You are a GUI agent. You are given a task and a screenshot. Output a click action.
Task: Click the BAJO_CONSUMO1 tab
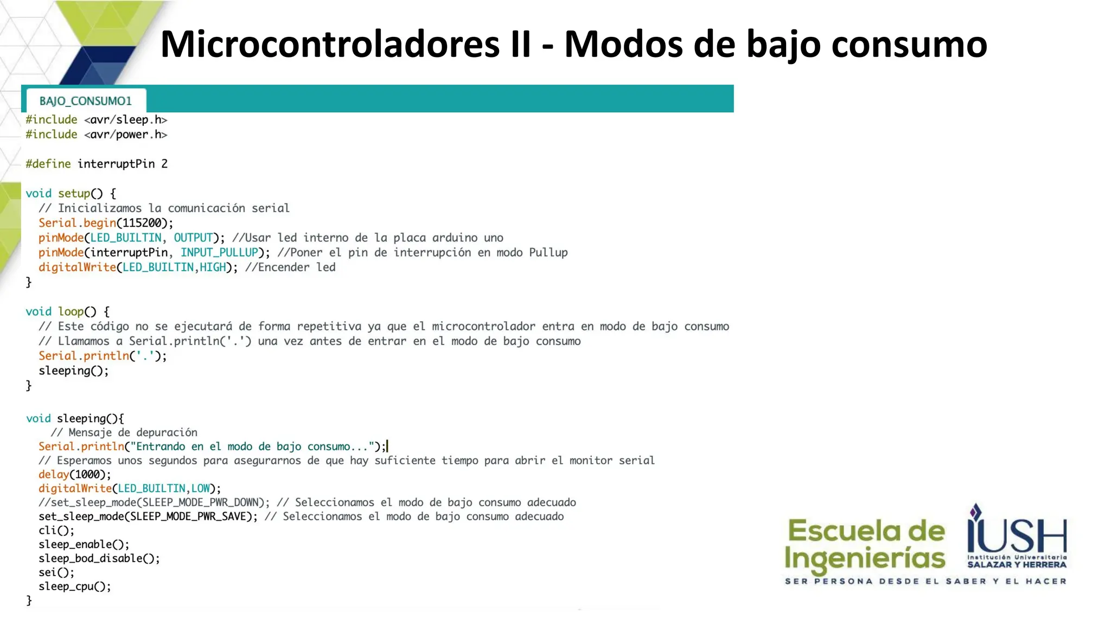tap(86, 101)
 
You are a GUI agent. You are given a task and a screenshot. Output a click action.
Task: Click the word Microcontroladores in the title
tap(330, 44)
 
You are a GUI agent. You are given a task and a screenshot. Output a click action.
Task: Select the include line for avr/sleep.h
tap(96, 120)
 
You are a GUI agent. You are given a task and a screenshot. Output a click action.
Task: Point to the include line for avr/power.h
tap(96, 135)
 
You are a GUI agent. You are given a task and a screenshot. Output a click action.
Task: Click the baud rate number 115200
tap(142, 223)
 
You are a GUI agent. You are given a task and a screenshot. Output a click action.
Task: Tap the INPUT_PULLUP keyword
tap(219, 252)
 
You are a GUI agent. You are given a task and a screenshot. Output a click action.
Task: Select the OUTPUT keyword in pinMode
tap(193, 238)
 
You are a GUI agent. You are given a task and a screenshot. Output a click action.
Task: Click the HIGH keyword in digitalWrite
tap(213, 267)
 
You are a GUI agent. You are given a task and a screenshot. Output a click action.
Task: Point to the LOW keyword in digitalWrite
tap(200, 488)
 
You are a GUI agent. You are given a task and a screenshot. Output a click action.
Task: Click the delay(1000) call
tap(74, 474)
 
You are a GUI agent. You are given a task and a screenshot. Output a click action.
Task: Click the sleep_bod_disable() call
tap(99, 558)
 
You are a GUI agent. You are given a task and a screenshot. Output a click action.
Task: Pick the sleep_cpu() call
tap(74, 586)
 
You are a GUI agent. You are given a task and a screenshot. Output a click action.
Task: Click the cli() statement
tap(56, 531)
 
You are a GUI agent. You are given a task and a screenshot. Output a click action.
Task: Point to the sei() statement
tap(56, 572)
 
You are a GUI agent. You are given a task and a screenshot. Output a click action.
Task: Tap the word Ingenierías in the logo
tap(865, 559)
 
